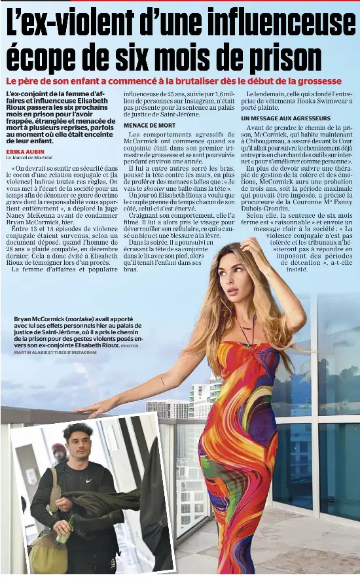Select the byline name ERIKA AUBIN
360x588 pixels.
[24, 151]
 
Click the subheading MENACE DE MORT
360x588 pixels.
[149, 125]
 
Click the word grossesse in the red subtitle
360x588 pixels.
[315, 81]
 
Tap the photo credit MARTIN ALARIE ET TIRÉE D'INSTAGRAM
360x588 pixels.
[55, 353]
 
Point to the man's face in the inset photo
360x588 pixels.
[79, 444]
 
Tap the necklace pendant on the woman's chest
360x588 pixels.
[246, 327]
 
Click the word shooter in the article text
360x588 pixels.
[153, 188]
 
